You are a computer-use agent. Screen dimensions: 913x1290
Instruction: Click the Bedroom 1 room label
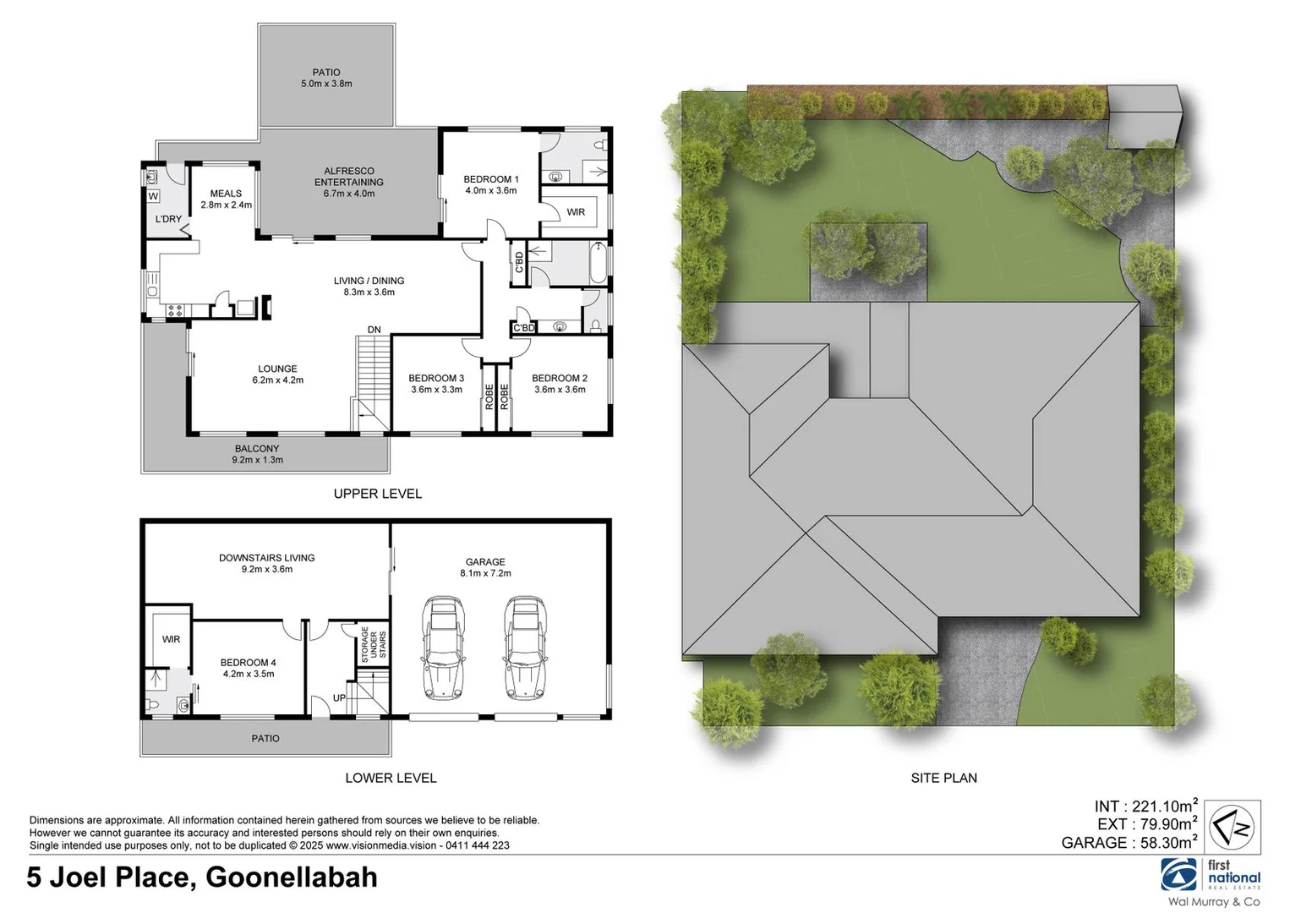tap(490, 184)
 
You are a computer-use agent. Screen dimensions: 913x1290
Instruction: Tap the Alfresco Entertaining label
tap(349, 182)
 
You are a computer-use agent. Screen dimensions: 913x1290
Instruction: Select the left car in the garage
tap(443, 648)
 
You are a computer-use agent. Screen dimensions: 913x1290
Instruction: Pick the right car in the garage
tap(524, 648)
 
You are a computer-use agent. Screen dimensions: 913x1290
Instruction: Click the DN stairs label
tap(374, 330)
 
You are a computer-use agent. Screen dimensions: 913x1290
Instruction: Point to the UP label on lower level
tap(339, 697)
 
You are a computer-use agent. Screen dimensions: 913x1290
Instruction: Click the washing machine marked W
tap(153, 196)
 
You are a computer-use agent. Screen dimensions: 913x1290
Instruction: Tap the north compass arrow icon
tap(1232, 827)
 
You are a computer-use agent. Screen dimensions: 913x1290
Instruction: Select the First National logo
tap(1211, 875)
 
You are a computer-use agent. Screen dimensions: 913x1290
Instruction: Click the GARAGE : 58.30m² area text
tap(1129, 842)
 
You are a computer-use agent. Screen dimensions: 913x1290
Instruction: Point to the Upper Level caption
tap(377, 494)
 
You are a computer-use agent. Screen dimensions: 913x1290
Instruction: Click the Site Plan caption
tap(943, 778)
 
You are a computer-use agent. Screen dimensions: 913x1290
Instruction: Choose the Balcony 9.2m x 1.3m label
tap(257, 454)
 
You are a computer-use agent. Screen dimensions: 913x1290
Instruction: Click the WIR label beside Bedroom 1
tap(576, 212)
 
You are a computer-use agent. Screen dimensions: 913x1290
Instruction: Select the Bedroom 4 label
tap(249, 668)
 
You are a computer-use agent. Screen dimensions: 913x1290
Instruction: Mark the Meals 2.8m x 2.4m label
tap(226, 199)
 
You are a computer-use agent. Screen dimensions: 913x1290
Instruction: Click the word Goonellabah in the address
tap(292, 877)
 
